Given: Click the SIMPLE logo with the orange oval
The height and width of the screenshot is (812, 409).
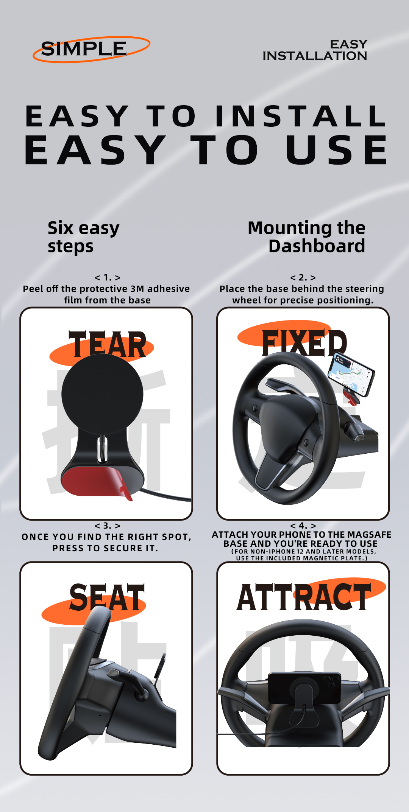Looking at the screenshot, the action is [x=91, y=49].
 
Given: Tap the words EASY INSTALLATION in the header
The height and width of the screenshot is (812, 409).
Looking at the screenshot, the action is [x=315, y=50].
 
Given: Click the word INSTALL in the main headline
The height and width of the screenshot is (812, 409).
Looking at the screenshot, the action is [x=301, y=116].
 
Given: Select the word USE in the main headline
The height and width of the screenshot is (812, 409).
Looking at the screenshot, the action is [x=337, y=150].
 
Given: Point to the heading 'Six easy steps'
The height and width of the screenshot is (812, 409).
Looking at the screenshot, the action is [x=83, y=237].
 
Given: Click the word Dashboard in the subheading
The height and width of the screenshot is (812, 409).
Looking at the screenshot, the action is [x=317, y=246].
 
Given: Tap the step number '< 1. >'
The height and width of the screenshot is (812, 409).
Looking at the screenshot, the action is [x=108, y=278].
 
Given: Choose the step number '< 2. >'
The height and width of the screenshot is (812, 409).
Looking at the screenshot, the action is [x=303, y=278].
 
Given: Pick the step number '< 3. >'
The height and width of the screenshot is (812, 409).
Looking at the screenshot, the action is [x=108, y=526].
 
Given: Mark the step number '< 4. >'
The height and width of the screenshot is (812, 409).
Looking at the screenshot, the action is [x=303, y=526].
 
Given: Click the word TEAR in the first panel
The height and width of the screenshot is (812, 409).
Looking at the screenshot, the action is [x=108, y=344].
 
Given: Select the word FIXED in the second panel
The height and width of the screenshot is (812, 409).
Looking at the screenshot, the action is [x=304, y=343].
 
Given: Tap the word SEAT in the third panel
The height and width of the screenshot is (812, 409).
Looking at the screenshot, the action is [x=107, y=597].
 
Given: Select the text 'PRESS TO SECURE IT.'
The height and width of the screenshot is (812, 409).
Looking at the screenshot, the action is [x=105, y=548].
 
